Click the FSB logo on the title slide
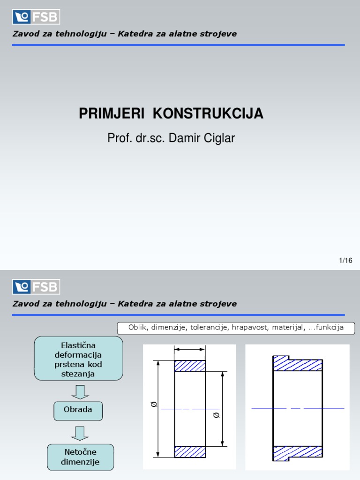tap(36, 17)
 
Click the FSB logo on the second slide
tap(36, 287)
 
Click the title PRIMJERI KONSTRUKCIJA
tap(171, 113)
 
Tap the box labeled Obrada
tap(78, 410)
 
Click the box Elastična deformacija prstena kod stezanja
tap(78, 358)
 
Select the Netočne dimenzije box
tap(80, 457)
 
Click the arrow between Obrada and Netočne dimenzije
tap(80, 434)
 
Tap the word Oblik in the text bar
tap(138, 328)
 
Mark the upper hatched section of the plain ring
tap(190, 366)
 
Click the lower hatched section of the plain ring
tap(190, 451)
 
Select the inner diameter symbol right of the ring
tap(216, 415)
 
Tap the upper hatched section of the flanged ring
tap(297, 364)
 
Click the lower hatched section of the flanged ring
tap(297, 452)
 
